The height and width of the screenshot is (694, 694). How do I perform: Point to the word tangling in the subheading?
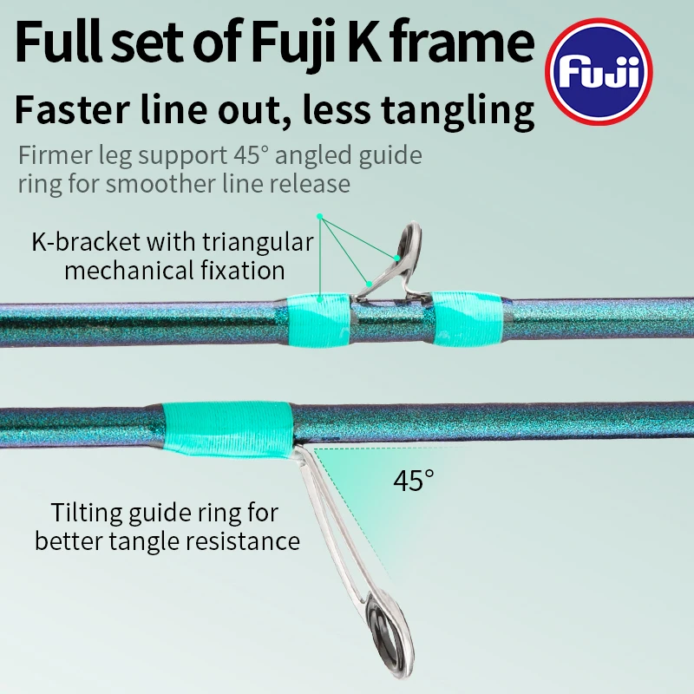coord(456,113)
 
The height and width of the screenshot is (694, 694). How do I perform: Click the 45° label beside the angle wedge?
coord(413,480)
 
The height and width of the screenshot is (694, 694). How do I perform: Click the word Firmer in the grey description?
coord(51,156)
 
